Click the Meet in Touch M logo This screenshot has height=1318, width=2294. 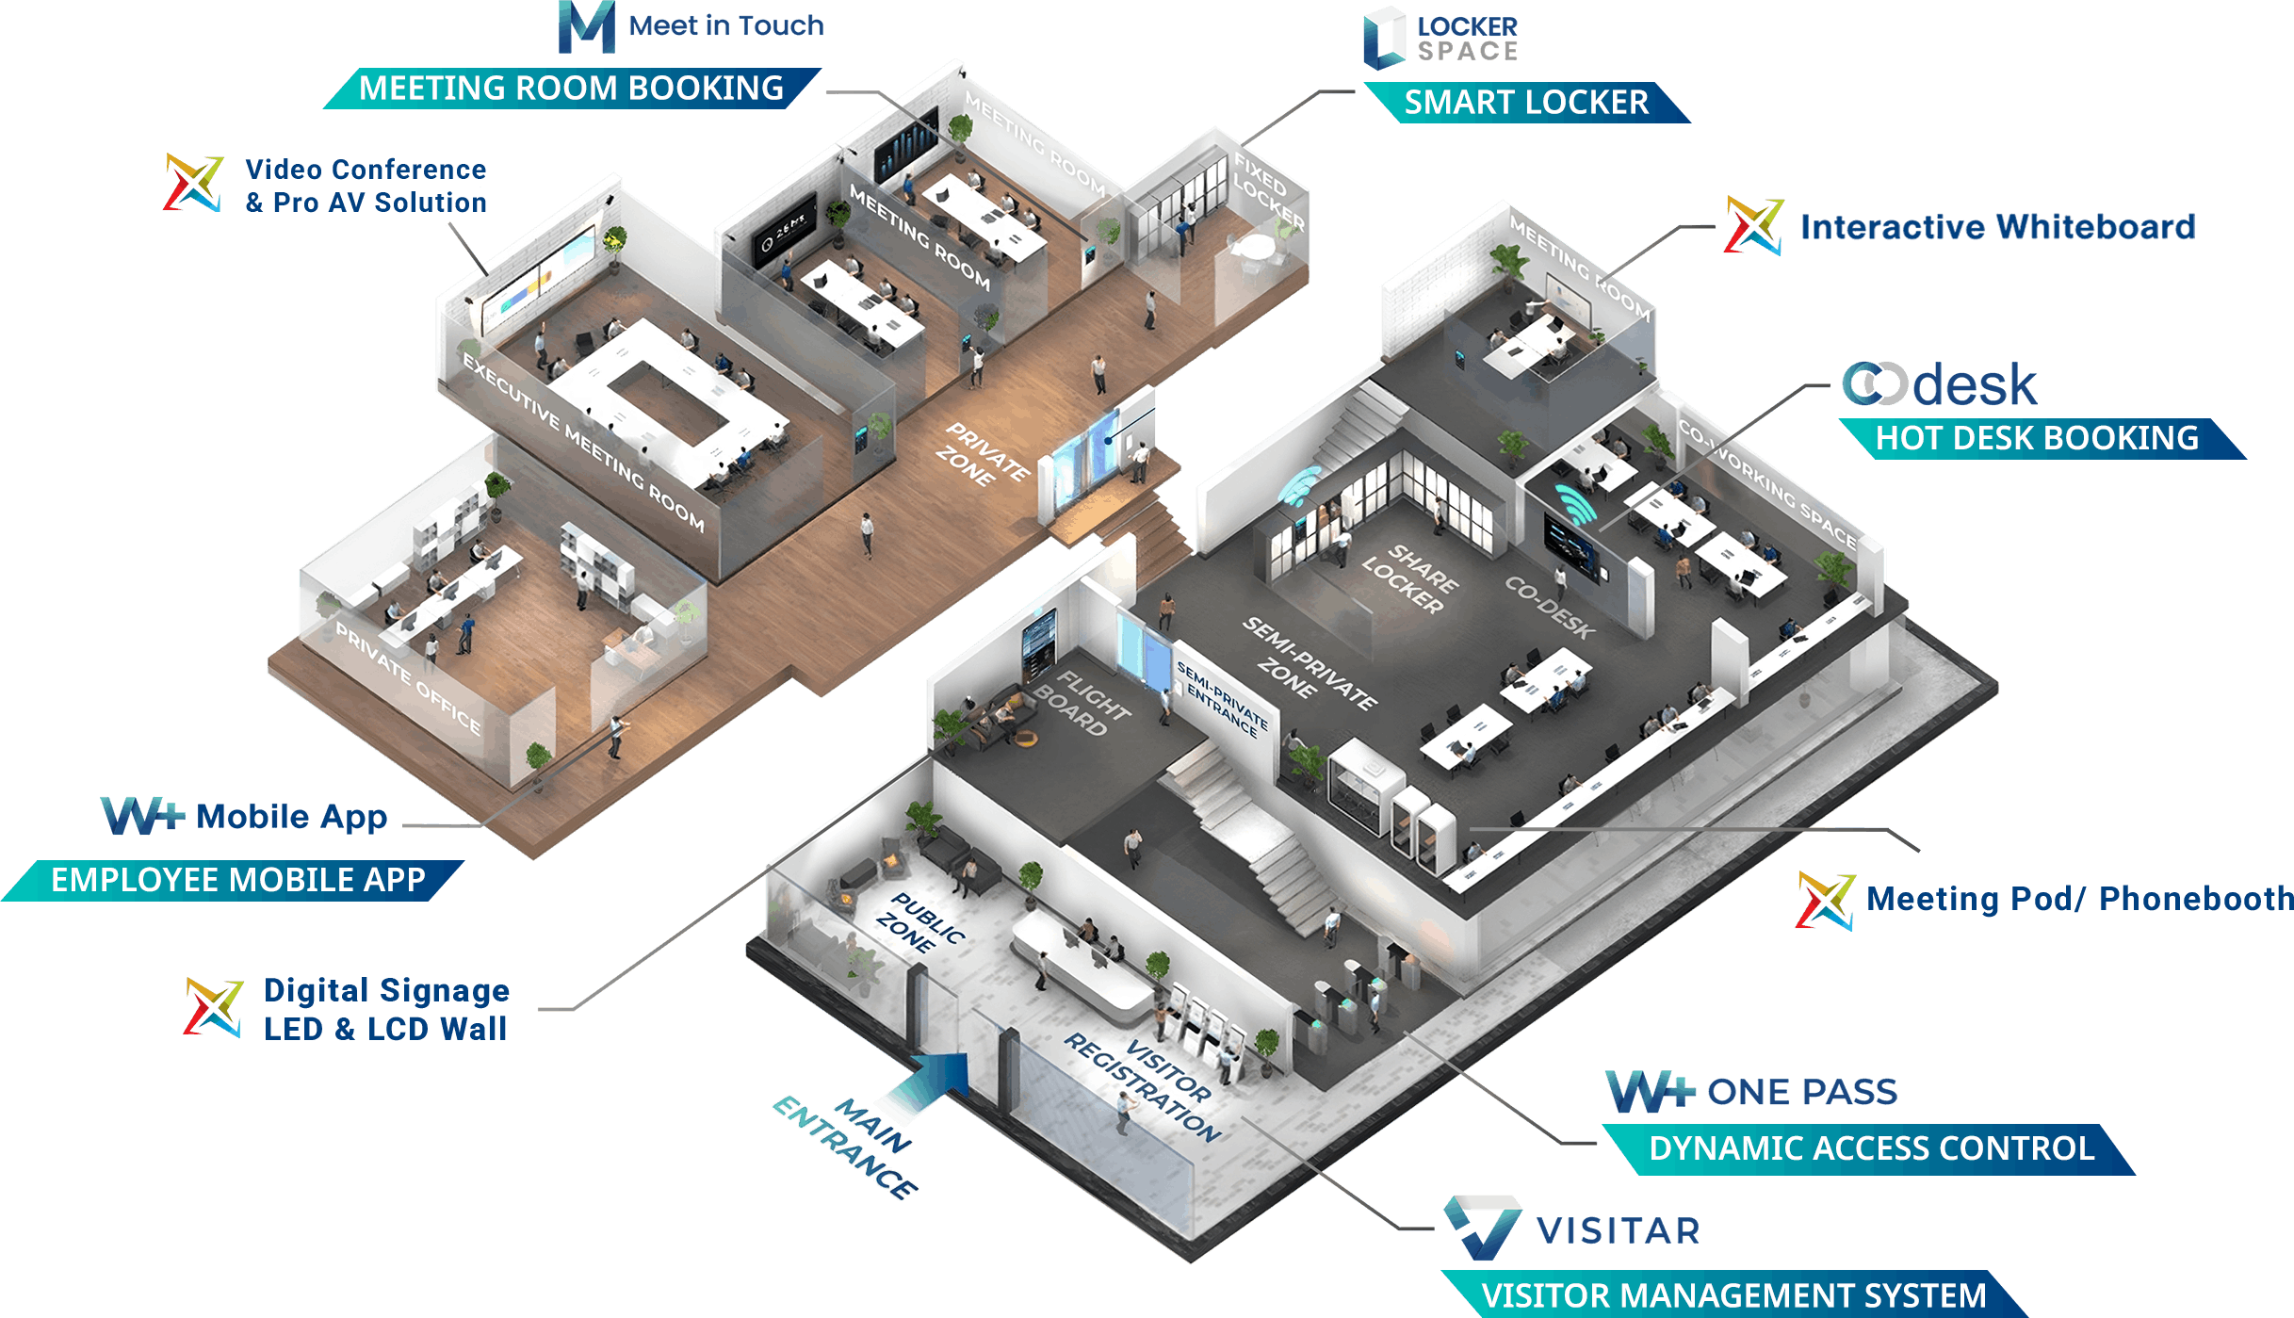(x=586, y=26)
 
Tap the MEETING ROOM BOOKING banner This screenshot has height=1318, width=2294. (x=571, y=89)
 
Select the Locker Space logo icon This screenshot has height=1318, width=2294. (x=1384, y=39)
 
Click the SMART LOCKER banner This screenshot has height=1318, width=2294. (x=1526, y=103)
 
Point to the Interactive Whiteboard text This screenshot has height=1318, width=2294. (x=1997, y=227)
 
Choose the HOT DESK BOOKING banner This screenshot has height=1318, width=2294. (x=2037, y=439)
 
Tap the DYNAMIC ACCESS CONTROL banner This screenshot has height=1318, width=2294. (x=1871, y=1149)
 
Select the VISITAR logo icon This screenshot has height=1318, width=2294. (x=1483, y=1228)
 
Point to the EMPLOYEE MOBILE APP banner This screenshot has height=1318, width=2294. (x=237, y=880)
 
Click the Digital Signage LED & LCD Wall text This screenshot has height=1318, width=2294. (x=386, y=1010)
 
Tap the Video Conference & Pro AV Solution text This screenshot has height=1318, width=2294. (x=366, y=186)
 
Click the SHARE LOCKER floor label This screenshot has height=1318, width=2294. (x=1410, y=579)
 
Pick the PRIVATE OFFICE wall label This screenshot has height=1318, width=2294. (x=408, y=678)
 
